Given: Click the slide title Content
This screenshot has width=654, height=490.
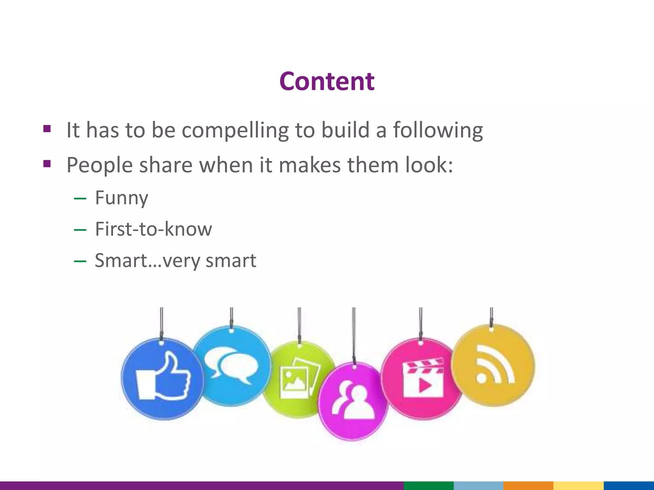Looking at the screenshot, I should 327,81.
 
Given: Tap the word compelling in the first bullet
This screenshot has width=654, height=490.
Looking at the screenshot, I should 235,130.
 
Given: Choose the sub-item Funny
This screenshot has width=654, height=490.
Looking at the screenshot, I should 122,198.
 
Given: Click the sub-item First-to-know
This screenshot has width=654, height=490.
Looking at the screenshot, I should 153,229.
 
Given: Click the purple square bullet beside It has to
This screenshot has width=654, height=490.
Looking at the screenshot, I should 47,129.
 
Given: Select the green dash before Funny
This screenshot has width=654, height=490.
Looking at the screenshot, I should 80,199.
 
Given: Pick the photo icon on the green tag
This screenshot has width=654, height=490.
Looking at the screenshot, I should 299,378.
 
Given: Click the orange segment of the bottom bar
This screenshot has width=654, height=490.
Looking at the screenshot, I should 528,486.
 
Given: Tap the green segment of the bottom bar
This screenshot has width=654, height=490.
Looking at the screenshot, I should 428,486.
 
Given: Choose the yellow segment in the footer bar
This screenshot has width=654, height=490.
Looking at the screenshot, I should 578,486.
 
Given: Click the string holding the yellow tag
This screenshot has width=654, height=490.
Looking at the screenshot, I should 491,316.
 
